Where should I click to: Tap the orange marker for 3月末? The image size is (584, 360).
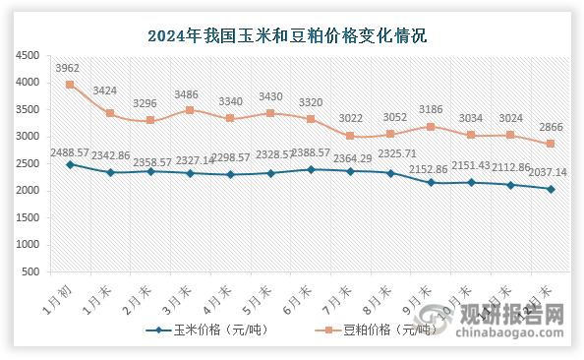[190, 110]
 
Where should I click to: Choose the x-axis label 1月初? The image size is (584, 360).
[59, 293]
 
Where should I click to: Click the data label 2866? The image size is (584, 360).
[551, 128]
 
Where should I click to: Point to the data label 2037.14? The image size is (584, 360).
[551, 175]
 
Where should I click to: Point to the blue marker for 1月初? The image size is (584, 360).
[70, 164]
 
